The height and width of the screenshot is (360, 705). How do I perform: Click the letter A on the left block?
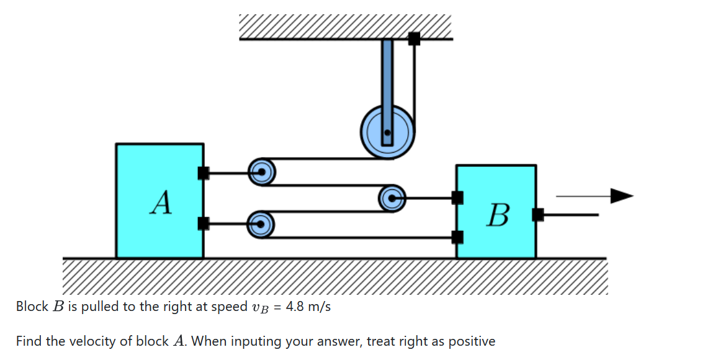[x=161, y=202]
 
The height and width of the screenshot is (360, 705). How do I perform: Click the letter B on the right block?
[x=498, y=215]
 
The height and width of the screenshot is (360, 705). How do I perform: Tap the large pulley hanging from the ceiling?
[x=387, y=132]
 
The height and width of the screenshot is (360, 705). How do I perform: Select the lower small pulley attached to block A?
[x=261, y=223]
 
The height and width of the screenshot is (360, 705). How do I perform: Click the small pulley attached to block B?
[x=392, y=199]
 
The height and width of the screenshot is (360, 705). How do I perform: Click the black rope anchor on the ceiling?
[x=414, y=38]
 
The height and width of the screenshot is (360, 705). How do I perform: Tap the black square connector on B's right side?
[x=537, y=215]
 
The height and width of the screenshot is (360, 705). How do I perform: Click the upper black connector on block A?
[x=203, y=173]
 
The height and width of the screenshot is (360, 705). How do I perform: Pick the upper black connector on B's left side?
[x=457, y=198]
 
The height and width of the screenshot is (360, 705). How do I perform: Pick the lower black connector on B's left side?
[x=457, y=236]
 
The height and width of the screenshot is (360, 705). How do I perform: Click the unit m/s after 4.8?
[x=319, y=307]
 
